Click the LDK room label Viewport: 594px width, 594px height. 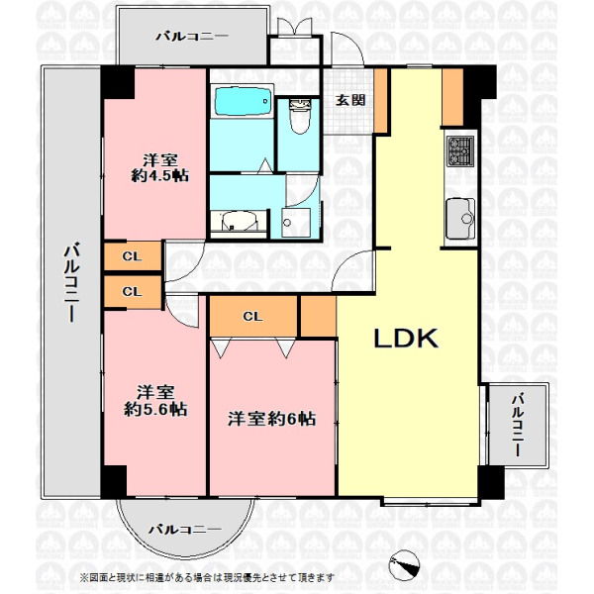(406, 338)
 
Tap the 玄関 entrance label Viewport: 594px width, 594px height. (351, 100)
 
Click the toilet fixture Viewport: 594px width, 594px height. (299, 116)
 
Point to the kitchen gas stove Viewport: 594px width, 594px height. (460, 151)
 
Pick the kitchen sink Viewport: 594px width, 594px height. (460, 219)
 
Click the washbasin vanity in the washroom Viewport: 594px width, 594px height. (239, 224)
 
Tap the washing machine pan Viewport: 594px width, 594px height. (296, 223)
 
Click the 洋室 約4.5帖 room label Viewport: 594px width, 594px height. (159, 168)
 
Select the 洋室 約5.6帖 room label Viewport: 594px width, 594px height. (155, 401)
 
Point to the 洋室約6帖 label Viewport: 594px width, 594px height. (271, 419)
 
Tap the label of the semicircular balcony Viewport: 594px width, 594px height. (184, 529)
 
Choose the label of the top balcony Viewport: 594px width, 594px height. (192, 37)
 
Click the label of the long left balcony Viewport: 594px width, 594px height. (71, 282)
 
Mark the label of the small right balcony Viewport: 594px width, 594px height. (518, 425)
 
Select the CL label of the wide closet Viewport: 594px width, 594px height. (252, 317)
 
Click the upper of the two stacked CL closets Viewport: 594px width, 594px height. (133, 256)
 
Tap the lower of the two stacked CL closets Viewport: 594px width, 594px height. (133, 292)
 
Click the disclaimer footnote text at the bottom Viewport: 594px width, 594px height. (207, 578)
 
